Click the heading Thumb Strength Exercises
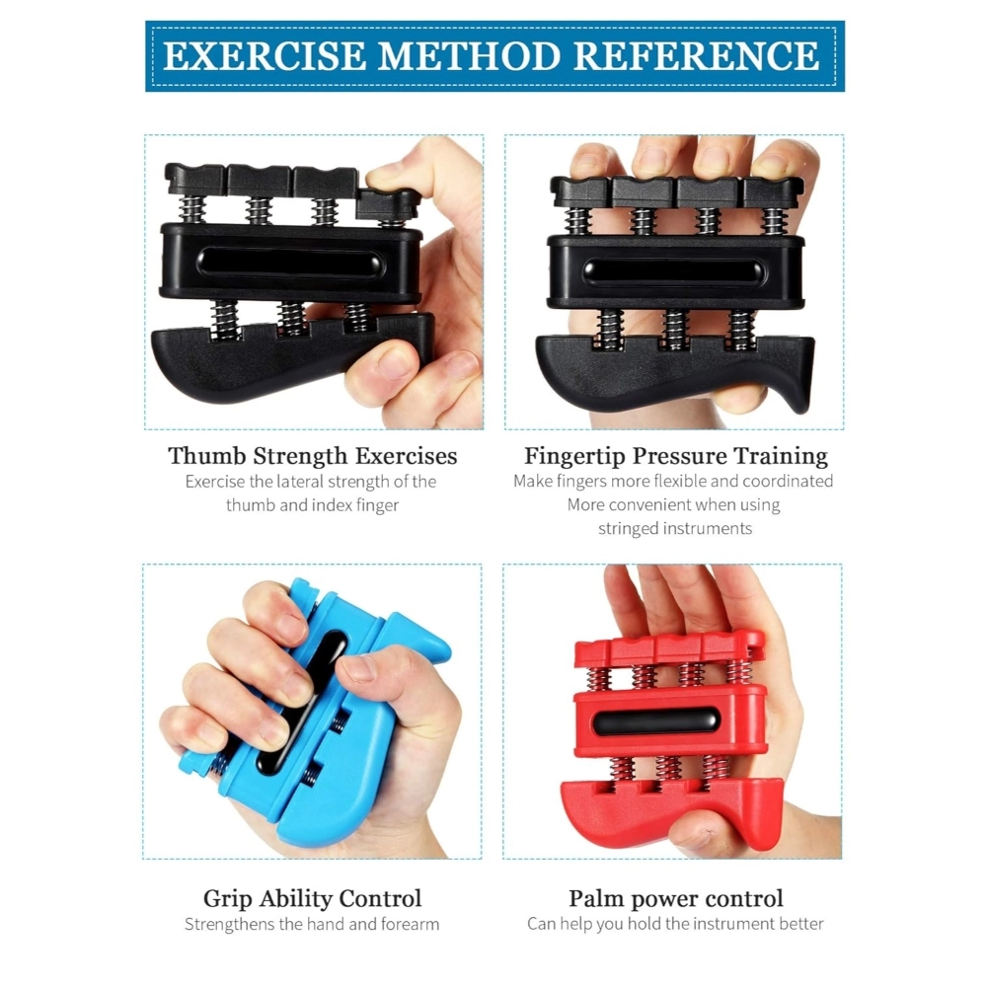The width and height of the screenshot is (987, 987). [313, 456]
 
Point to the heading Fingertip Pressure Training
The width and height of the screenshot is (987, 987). [675, 456]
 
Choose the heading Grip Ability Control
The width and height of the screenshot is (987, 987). [312, 898]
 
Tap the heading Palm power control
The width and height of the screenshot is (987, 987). [675, 898]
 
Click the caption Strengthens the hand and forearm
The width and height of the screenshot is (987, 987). [312, 925]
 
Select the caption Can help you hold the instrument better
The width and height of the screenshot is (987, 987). [675, 925]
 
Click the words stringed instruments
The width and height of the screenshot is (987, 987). [675, 528]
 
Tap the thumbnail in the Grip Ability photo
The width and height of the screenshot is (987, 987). [357, 668]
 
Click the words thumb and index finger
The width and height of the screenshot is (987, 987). [312, 505]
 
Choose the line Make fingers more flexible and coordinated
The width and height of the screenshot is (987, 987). [673, 482]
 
